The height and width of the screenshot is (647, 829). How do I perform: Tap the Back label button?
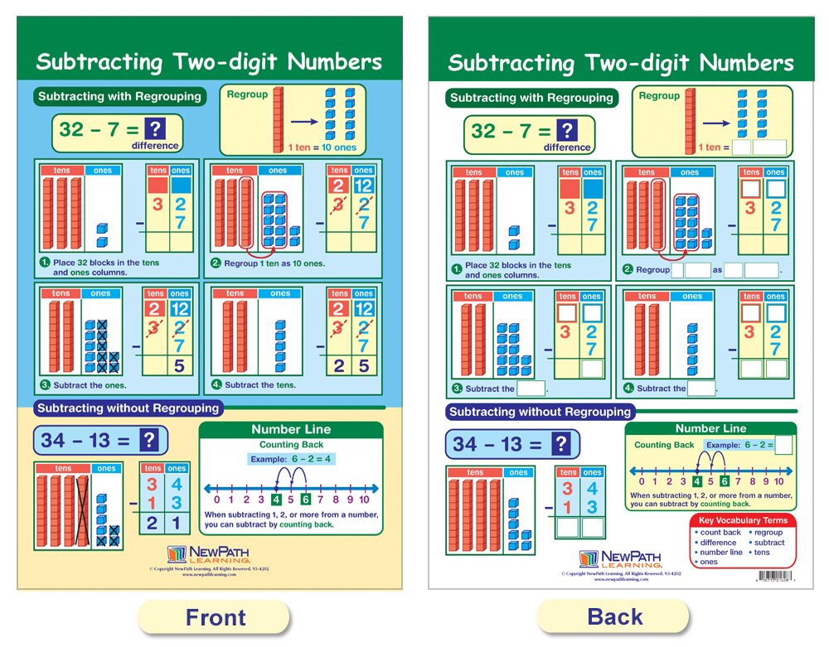coord(614,617)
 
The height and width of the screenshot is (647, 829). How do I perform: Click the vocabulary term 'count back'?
coord(720,533)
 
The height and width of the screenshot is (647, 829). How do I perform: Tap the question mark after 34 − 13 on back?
coord(561,444)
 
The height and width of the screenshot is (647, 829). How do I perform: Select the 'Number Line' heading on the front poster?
coord(291,429)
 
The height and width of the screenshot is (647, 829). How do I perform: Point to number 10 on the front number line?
coord(365,500)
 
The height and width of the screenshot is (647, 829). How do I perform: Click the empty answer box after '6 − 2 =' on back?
coord(783,445)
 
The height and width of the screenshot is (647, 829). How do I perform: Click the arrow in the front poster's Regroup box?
coord(304,122)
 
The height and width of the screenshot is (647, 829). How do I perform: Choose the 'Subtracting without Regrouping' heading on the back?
coord(540,412)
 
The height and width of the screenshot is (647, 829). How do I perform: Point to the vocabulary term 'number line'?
coord(720,553)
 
